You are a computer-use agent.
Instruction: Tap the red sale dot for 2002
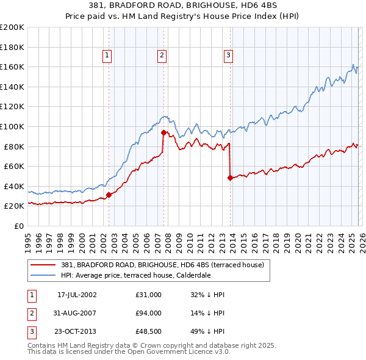109,195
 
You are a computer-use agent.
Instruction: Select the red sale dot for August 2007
163,132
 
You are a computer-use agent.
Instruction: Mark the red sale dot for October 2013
230,178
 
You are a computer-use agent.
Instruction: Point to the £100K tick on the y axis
12,126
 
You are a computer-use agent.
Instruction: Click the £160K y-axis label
12,67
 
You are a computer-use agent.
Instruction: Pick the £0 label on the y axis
18,226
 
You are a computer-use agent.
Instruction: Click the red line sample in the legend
43,265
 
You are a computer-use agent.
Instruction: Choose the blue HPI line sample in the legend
43,275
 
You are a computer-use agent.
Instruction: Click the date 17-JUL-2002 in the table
77,295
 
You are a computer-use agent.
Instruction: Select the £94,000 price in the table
149,313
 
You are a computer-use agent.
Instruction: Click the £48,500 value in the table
149,331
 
